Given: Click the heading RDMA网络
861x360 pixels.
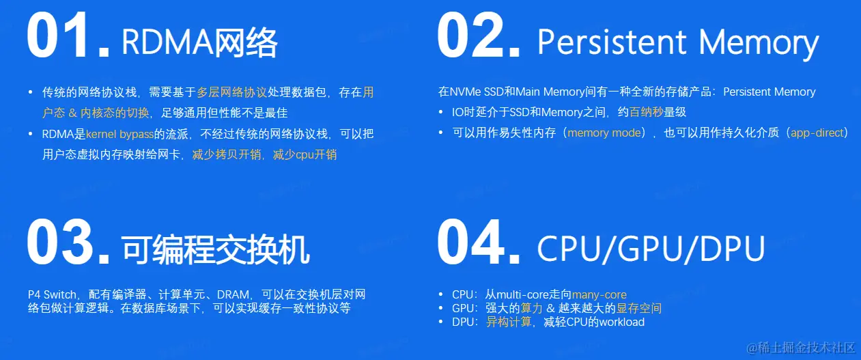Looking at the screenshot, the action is coord(199,42).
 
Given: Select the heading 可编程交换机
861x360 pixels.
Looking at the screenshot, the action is coord(216,250).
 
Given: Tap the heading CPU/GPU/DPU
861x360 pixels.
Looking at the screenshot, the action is coord(651,249).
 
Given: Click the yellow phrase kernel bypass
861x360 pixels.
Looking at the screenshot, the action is coord(119,134).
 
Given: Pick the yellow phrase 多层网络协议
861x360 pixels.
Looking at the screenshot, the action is coord(231,92).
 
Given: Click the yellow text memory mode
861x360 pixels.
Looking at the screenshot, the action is coord(604,133).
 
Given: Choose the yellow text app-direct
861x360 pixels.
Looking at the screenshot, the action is coord(817,133).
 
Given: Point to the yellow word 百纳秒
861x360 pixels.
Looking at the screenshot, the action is coord(646,112).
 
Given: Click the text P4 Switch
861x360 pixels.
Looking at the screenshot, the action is coord(52,294).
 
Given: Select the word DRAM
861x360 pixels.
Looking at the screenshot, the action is coord(233,294).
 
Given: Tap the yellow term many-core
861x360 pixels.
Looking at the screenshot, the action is coord(599,294).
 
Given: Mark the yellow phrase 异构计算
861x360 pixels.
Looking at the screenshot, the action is coord(509,322).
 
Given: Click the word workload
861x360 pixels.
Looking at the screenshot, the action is coord(621,322).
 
